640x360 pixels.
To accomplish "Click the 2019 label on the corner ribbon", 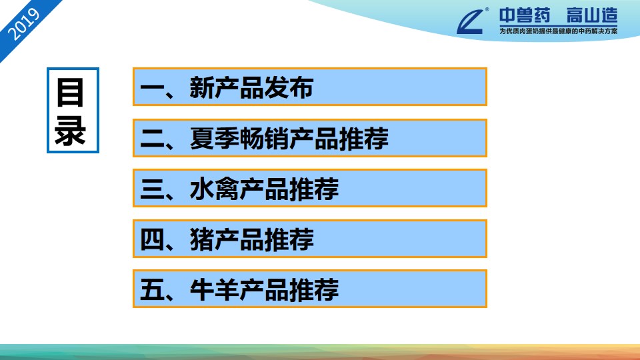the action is [24, 25].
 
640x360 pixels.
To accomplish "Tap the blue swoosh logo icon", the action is [471, 21].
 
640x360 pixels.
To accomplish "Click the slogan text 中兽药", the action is [525, 16].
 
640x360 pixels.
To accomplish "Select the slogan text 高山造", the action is [592, 16].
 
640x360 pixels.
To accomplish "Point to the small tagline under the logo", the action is [559, 31].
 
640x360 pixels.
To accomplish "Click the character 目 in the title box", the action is [71, 93].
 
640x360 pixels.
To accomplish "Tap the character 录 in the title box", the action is [71, 131].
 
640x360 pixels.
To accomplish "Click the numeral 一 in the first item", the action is [152, 88].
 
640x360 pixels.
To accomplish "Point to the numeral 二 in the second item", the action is [152, 139].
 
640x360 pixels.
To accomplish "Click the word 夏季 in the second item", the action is [215, 139].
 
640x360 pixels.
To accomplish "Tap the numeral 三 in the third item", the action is [152, 189].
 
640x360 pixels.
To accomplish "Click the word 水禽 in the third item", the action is [215, 189].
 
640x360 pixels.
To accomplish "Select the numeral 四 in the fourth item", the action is [152, 239].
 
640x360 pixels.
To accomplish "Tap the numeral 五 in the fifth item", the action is [152, 290].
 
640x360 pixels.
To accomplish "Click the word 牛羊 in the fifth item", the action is [215, 290].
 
